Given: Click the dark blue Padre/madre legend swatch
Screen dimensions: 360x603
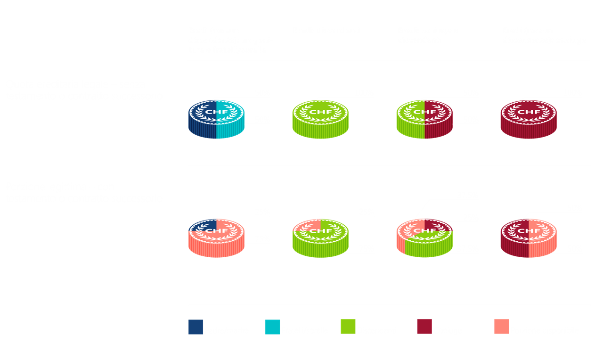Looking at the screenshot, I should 196,327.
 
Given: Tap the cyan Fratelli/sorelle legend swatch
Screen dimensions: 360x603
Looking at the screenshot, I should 272,327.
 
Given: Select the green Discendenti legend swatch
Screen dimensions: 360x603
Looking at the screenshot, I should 348,327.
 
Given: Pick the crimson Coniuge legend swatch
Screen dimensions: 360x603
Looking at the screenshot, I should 424,327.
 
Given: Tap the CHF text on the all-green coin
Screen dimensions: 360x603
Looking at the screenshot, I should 320,112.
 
